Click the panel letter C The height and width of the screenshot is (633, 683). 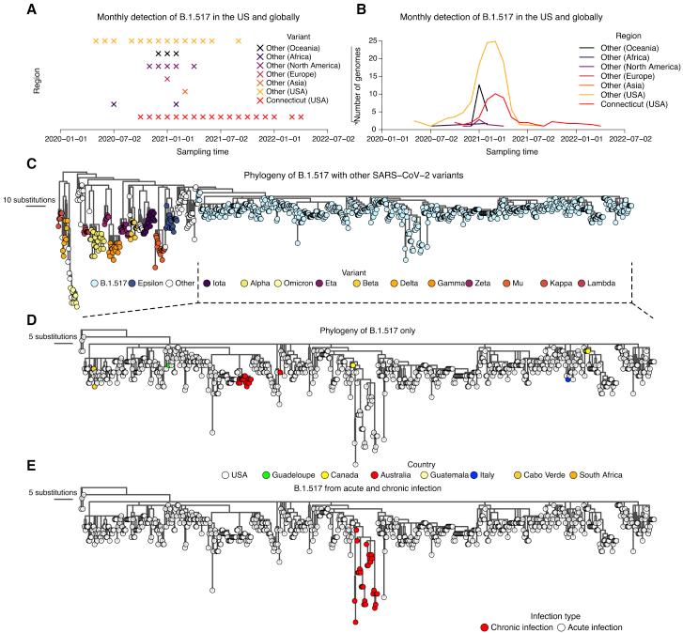[7, 162]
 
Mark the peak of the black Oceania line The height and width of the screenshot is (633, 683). [479, 85]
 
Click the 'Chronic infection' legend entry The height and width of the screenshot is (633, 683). [542, 626]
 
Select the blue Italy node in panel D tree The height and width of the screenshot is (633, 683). [568, 379]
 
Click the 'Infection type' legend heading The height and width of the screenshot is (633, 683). [598, 613]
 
